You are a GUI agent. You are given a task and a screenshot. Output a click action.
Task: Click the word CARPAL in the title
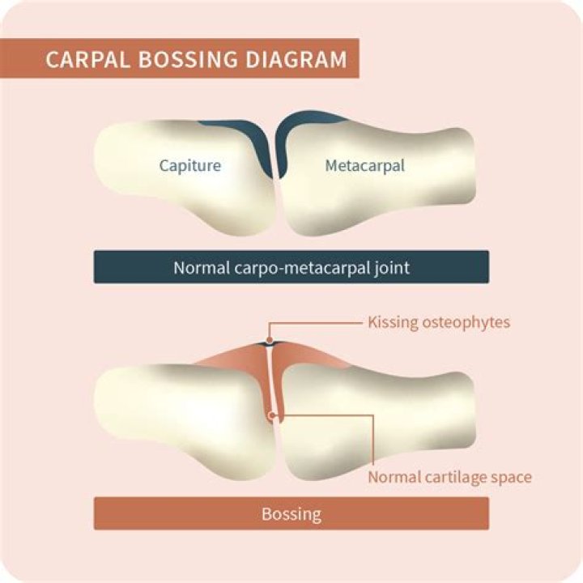pyautogui.click(x=81, y=61)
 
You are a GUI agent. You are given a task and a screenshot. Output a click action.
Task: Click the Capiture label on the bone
pyautogui.click(x=190, y=166)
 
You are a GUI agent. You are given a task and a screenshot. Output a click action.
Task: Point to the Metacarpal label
pyautogui.click(x=364, y=166)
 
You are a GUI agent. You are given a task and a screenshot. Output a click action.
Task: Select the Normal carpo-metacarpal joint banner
pyautogui.click(x=291, y=267)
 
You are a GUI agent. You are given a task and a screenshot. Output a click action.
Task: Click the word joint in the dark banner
pyautogui.click(x=389, y=267)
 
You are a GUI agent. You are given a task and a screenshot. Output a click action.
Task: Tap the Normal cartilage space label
pyautogui.click(x=449, y=477)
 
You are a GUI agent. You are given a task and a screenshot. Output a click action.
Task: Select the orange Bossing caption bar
pyautogui.click(x=291, y=513)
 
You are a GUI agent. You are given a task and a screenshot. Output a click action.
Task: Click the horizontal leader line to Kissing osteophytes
pyautogui.click(x=316, y=322)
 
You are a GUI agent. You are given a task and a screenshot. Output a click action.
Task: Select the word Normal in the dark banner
pyautogui.click(x=198, y=267)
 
